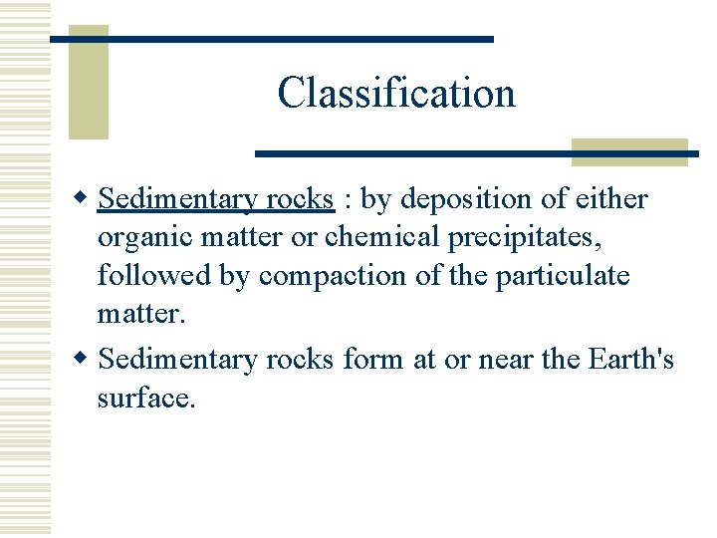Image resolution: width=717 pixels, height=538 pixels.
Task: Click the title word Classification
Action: click(396, 93)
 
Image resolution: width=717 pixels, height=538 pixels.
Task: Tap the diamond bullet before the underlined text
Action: click(86, 200)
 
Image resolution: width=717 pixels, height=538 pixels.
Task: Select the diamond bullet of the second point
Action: click(86, 359)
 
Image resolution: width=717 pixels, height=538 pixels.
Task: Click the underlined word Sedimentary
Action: click(178, 200)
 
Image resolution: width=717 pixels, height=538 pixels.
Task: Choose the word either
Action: click(609, 200)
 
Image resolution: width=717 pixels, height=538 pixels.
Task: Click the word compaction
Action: click(332, 276)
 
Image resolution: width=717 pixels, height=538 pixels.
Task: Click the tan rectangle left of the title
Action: click(88, 90)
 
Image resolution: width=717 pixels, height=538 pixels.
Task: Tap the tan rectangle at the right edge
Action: click(629, 151)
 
